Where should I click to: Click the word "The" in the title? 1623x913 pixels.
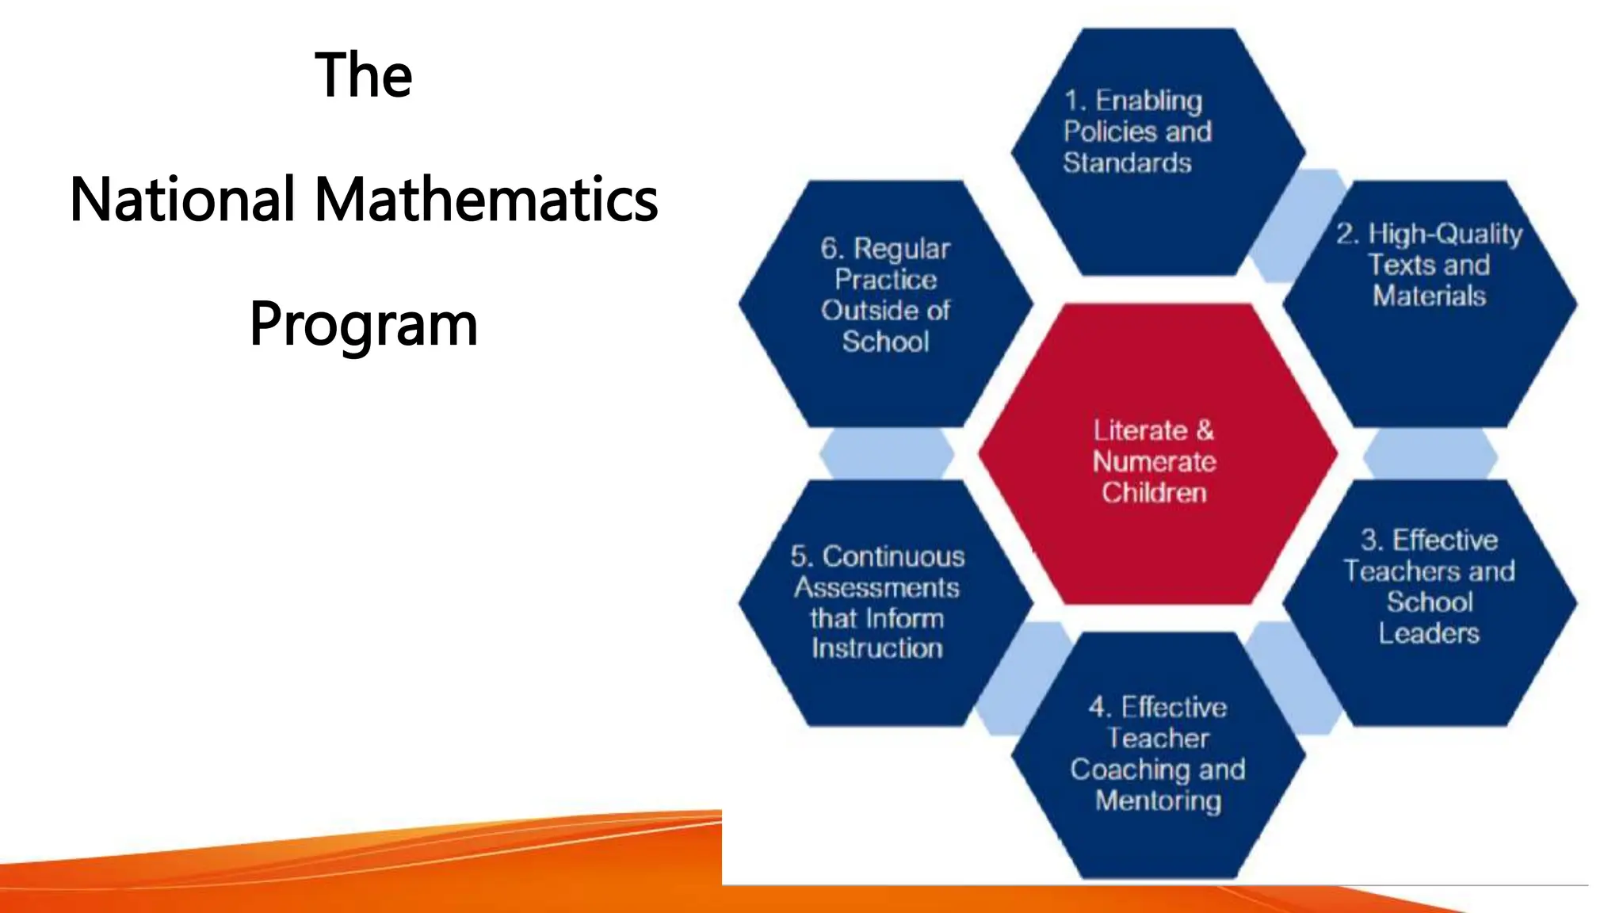(x=364, y=74)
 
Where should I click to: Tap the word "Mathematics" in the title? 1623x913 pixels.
(x=486, y=199)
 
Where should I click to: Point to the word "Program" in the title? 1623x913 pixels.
(x=364, y=324)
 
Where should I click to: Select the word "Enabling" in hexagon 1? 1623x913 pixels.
(x=1148, y=101)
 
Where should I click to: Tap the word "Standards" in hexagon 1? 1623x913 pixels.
(x=1127, y=162)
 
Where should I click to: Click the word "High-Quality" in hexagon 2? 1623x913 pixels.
(x=1445, y=234)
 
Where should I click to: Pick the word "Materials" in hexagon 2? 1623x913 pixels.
(x=1429, y=296)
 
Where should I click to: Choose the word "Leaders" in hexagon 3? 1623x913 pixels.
(x=1429, y=633)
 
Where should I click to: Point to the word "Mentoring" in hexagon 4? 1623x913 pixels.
(x=1158, y=800)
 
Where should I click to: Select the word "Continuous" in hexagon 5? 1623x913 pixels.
(x=893, y=556)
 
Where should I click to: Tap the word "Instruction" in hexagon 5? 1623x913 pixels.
(x=877, y=648)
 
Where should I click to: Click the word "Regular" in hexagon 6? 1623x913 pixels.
(x=901, y=249)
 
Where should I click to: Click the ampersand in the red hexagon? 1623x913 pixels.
(x=1205, y=430)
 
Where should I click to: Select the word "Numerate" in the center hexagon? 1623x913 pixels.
(x=1154, y=461)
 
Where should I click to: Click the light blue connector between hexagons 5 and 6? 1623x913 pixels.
(x=886, y=454)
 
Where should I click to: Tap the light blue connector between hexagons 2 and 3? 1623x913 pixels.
(x=1430, y=454)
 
